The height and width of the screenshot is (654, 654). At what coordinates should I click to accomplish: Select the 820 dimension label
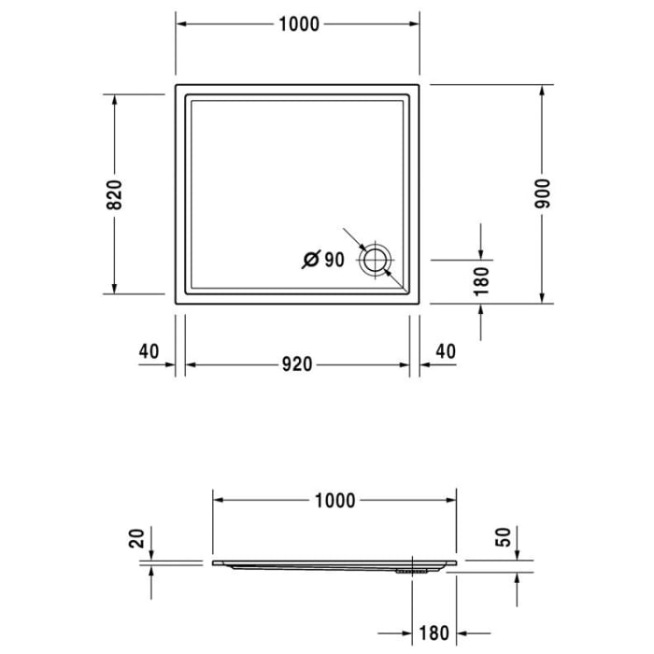tap(114, 193)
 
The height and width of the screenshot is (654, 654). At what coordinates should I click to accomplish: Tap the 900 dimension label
tap(543, 193)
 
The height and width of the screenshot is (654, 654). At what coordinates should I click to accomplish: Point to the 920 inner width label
tap(296, 364)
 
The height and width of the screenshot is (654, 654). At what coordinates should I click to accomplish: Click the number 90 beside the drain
tap(334, 260)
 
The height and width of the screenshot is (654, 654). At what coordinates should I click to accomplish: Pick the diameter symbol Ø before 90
tap(312, 260)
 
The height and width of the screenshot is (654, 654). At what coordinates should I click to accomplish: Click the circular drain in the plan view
tap(377, 260)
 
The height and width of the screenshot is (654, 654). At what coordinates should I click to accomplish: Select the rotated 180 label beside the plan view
tap(481, 281)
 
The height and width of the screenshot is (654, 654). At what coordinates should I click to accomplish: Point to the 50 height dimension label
tap(504, 537)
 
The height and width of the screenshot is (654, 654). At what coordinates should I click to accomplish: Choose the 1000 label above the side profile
tap(334, 502)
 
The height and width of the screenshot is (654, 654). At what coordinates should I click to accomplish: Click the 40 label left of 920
tap(148, 351)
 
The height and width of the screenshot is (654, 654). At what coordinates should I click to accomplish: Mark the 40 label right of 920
tap(446, 351)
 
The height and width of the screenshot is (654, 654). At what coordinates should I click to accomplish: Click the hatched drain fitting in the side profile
tap(410, 567)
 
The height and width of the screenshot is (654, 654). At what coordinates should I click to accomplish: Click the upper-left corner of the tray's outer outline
tap(176, 85)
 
